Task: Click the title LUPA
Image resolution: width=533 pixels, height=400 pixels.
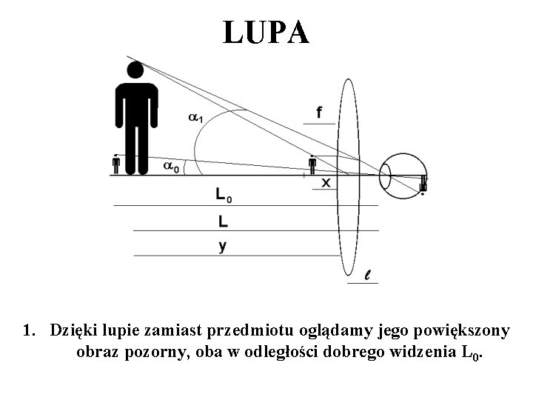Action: (x=266, y=32)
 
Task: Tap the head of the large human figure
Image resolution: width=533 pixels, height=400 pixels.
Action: (x=134, y=71)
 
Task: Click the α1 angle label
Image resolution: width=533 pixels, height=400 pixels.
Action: (x=197, y=117)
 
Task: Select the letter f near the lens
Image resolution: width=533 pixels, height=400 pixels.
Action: (x=319, y=113)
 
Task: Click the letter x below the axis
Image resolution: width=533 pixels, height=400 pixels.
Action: (x=326, y=181)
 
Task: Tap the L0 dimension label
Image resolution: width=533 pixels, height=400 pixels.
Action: (x=223, y=196)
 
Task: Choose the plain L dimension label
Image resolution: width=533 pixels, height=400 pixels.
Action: (x=223, y=221)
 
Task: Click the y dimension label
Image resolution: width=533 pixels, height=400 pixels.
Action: (x=222, y=245)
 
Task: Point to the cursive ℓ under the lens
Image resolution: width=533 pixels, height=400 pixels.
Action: (x=368, y=276)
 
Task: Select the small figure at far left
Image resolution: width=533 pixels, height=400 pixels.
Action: (x=116, y=164)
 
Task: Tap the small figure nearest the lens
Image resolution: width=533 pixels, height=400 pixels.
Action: (x=312, y=165)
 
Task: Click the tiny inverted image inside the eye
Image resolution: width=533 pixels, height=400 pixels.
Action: (x=423, y=183)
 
